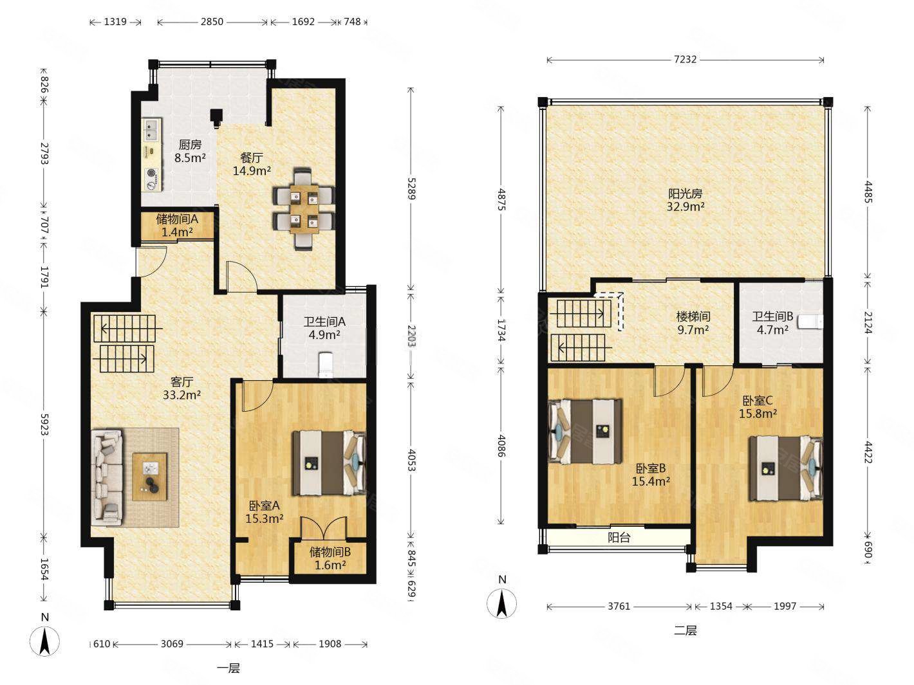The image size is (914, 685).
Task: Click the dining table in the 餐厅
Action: tap(304, 208)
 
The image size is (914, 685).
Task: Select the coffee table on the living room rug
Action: tap(149, 477)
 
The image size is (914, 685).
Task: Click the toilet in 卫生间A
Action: tap(325, 365)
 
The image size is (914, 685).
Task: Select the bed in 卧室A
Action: tap(329, 463)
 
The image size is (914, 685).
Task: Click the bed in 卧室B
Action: tap(585, 432)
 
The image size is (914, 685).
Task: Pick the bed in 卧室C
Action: tap(786, 468)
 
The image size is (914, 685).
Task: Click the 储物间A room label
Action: tap(177, 219)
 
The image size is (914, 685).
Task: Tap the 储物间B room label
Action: tap(330, 552)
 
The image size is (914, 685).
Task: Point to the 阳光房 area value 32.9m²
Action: tap(685, 206)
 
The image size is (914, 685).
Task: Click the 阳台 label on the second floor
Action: tap(619, 537)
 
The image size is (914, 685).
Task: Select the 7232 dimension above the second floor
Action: tap(685, 59)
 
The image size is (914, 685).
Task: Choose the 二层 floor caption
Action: tap(685, 631)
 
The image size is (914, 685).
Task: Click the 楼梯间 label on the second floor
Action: tap(693, 317)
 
